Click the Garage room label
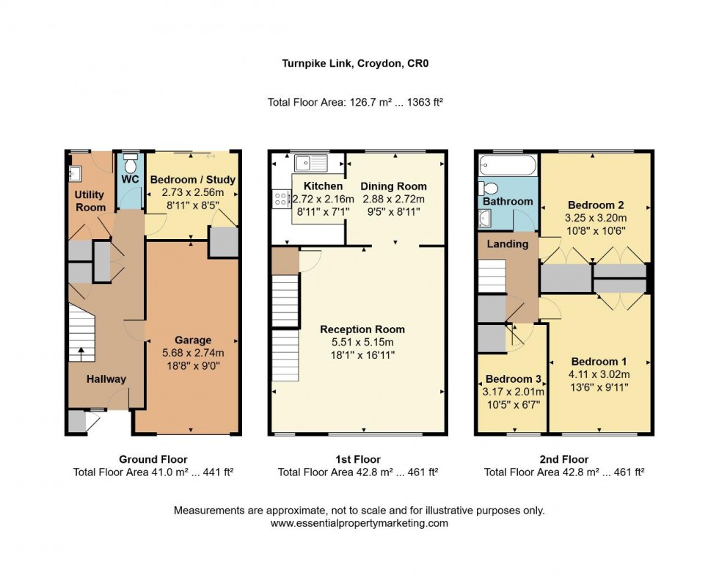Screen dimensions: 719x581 pos(193,340)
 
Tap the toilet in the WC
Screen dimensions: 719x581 pos(131,163)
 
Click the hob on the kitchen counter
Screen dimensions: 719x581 pos(280,199)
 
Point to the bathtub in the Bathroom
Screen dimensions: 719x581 pos(508,165)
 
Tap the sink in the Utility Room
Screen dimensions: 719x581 pos(75,174)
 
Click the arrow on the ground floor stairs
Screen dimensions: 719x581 pos(81,353)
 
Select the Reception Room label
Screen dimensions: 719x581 pos(362,329)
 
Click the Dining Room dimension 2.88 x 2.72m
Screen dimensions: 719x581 pos(393,199)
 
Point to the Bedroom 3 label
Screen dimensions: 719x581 pos(513,379)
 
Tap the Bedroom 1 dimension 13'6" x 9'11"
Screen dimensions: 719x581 pos(599,387)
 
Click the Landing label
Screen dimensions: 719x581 pos(508,244)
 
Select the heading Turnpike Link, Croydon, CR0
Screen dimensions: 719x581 pos(355,63)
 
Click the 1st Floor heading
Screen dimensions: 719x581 pos(358,459)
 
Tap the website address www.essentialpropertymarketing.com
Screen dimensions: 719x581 pos(359,523)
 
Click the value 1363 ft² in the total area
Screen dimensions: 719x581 pos(425,102)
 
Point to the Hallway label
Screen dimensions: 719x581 pos(106,379)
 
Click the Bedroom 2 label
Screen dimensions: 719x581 pos(596,205)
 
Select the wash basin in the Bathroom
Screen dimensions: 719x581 pos(485,219)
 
